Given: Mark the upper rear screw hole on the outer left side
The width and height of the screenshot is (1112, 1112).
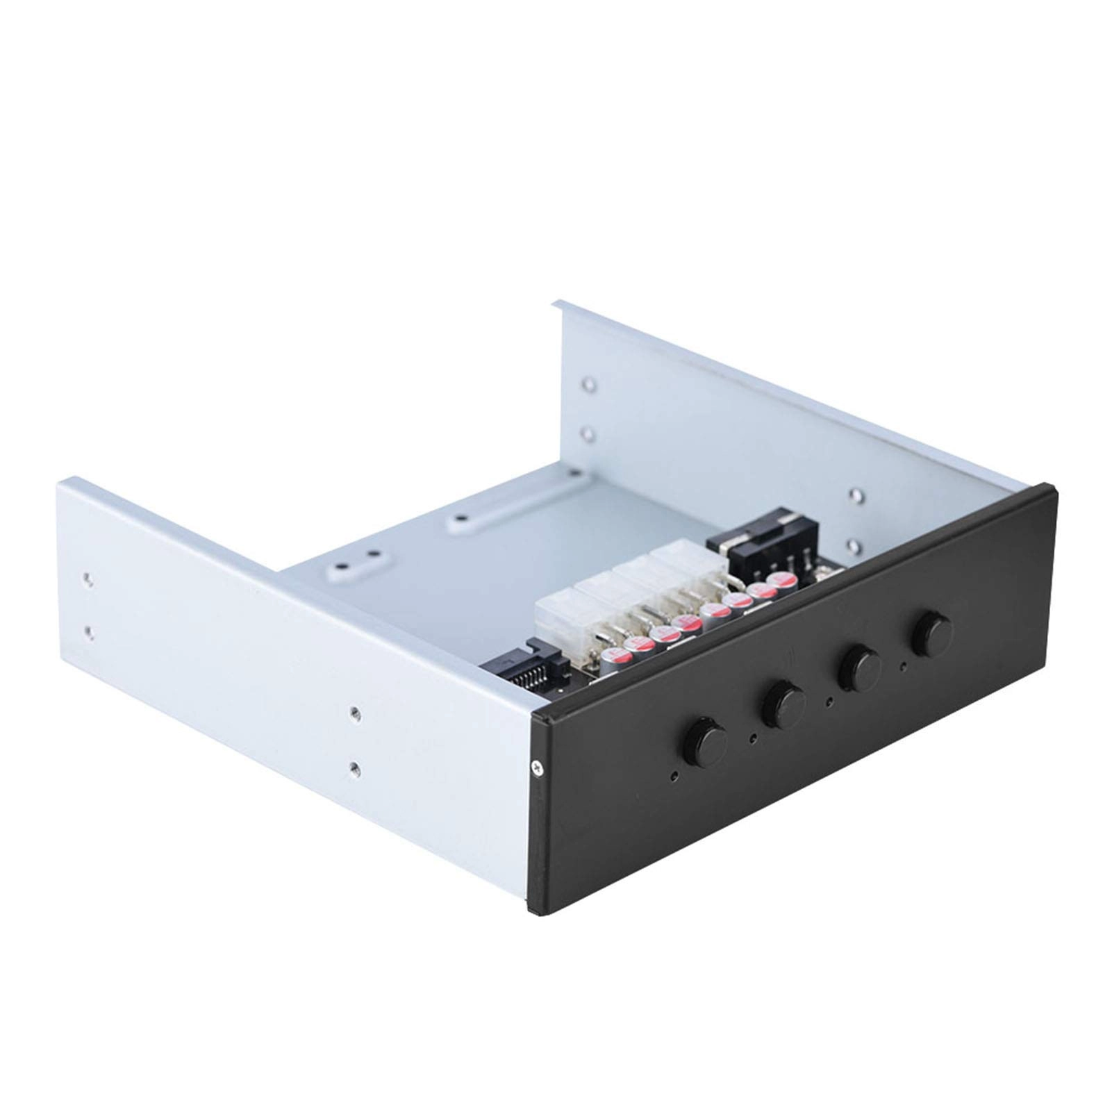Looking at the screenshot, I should pyautogui.click(x=87, y=578).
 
